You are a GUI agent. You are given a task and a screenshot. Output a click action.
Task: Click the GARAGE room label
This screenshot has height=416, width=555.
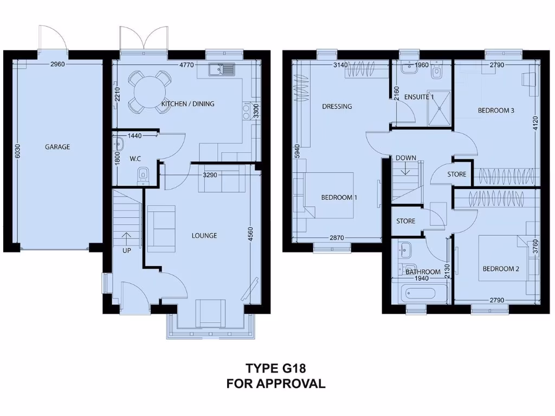[57, 147]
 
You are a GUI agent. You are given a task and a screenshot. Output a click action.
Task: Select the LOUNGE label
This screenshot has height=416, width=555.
[204, 236]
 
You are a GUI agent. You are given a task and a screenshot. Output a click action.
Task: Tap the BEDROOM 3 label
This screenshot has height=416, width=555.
[495, 110]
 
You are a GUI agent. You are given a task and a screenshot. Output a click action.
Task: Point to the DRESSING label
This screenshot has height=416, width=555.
[337, 107]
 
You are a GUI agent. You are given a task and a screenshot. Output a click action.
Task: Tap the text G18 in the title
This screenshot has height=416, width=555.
[293, 368]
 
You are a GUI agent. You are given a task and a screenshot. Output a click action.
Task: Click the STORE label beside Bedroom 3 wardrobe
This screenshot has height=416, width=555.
[456, 174]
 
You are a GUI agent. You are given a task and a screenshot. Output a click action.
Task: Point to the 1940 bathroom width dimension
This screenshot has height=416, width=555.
[420, 278]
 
